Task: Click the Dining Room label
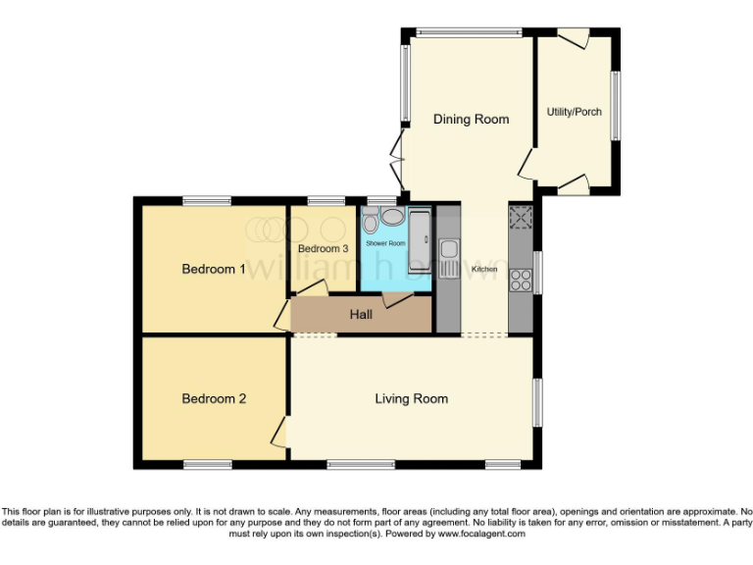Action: point(472,119)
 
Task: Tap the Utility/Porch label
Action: point(575,112)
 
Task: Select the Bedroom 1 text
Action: point(214,269)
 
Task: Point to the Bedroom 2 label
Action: point(214,399)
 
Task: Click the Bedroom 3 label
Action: point(323,249)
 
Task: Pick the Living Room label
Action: point(411,398)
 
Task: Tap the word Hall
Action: point(361,315)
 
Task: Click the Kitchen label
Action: point(484,269)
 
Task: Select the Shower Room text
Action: point(385,242)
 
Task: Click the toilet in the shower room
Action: point(370,220)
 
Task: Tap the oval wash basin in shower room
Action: point(392,218)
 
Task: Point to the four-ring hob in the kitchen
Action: point(520,218)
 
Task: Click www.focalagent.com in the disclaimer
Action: point(480,535)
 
